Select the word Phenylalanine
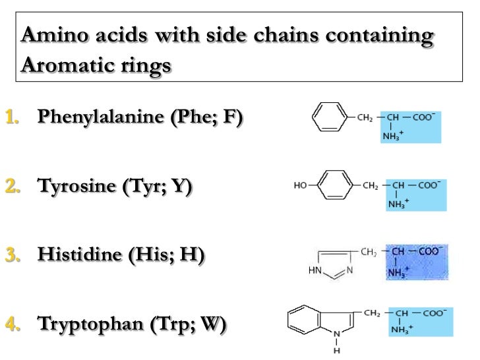(102, 118)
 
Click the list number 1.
(11, 118)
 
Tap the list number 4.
(11, 324)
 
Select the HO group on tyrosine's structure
(300, 185)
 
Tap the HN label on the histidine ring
(315, 270)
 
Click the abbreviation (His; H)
(174, 256)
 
